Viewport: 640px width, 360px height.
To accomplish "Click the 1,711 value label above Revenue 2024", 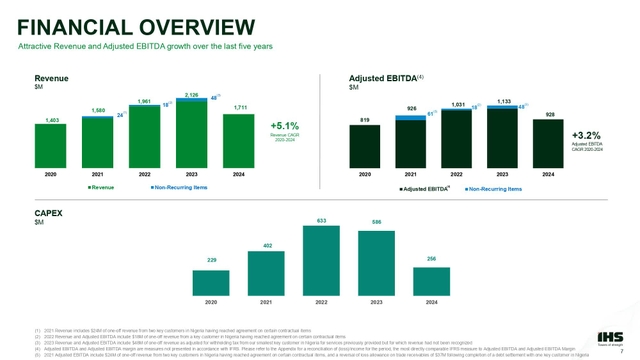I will pyautogui.click(x=238, y=108).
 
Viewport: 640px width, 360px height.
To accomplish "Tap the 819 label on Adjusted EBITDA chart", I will pyautogui.click(x=365, y=119).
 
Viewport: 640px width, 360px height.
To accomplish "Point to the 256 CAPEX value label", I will pyautogui.click(x=432, y=258).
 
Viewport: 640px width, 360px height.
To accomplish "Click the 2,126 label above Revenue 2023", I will pyautogui.click(x=192, y=93).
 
